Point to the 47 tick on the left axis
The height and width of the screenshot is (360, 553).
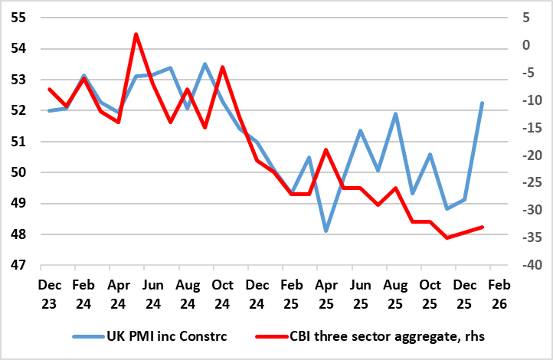click(17, 266)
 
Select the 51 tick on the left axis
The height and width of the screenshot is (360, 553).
click(17, 142)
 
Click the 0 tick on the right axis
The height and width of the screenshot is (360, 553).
click(527, 45)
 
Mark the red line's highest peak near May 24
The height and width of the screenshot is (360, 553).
click(136, 34)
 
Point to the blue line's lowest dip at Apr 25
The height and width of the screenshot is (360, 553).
click(326, 231)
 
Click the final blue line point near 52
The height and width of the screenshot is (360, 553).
click(482, 103)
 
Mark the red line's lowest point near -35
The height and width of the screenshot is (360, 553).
click(447, 237)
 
